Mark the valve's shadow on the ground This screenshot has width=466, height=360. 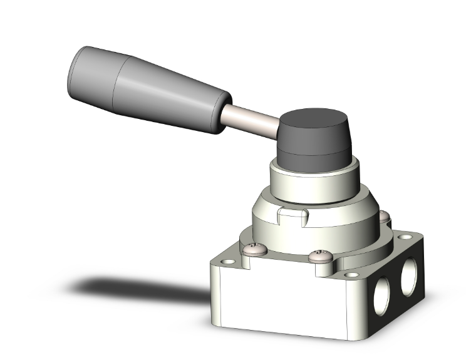[138, 288]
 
